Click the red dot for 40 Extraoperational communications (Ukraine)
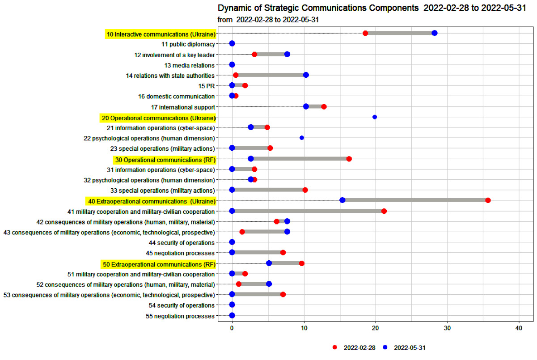tap(488, 200)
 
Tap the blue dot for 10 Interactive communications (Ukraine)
tap(435, 33)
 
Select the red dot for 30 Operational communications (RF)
tap(349, 159)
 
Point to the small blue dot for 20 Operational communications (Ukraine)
tap(375, 117)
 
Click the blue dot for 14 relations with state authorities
tap(306, 75)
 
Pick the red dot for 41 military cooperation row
tap(384, 211)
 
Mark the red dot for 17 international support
tap(324, 106)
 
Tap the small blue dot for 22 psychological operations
tap(302, 138)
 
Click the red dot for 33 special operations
tap(305, 190)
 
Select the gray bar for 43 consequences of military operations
tap(265, 232)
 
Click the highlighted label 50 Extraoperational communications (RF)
tap(158, 263)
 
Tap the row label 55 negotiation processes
tap(180, 316)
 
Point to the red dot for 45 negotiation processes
tap(283, 253)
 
